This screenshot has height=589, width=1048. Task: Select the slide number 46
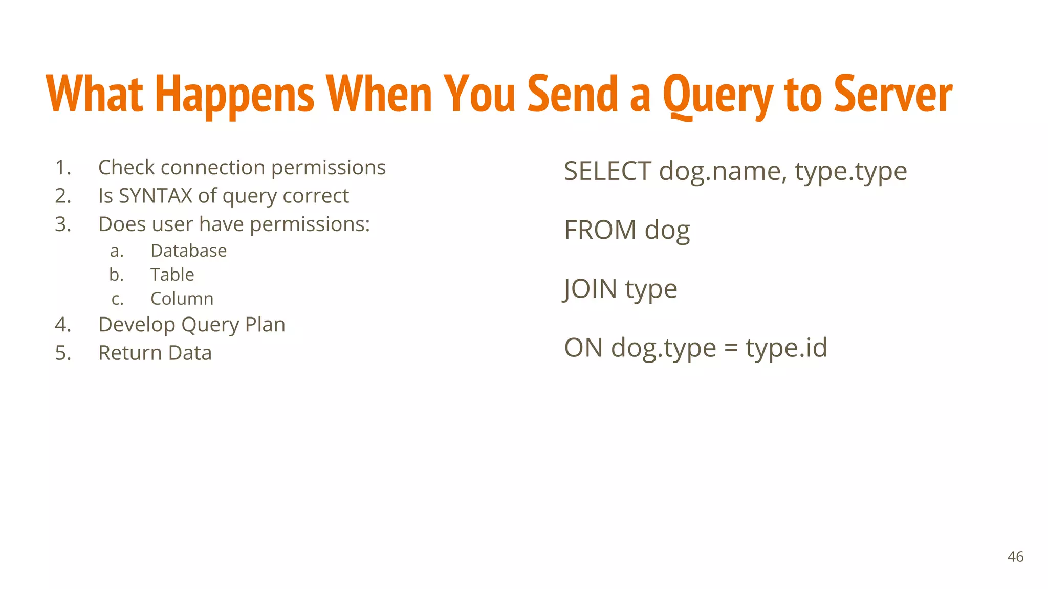[x=1015, y=557]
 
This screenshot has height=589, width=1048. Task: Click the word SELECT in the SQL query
[x=607, y=171]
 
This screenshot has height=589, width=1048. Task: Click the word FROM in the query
[x=600, y=230]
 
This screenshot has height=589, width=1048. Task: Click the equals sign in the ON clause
[x=731, y=349]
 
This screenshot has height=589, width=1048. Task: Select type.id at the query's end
[x=786, y=348]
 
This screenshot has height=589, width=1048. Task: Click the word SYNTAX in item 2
[x=155, y=196]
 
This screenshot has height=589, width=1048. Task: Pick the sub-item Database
[x=188, y=251]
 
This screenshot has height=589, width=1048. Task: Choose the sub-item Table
[x=172, y=275]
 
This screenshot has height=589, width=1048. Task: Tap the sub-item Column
[x=182, y=299]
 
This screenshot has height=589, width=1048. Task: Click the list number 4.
[x=62, y=325]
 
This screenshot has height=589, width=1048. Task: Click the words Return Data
[x=155, y=353]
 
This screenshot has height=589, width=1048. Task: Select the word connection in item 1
[x=213, y=168]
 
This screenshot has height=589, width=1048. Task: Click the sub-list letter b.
[x=116, y=275]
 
